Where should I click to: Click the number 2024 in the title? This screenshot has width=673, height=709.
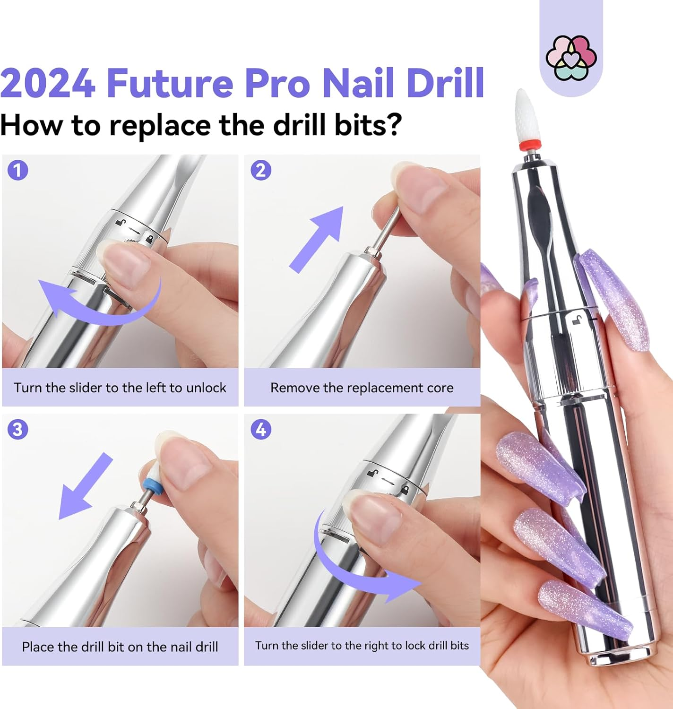(47, 83)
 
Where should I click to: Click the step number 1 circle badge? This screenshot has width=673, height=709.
(18, 170)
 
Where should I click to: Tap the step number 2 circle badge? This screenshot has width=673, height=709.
(260, 170)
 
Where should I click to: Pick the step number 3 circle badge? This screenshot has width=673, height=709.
(18, 429)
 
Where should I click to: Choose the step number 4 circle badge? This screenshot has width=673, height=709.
(260, 429)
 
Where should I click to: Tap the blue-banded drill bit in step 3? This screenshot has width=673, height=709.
(151, 485)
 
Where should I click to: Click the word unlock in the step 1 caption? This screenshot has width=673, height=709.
(207, 388)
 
